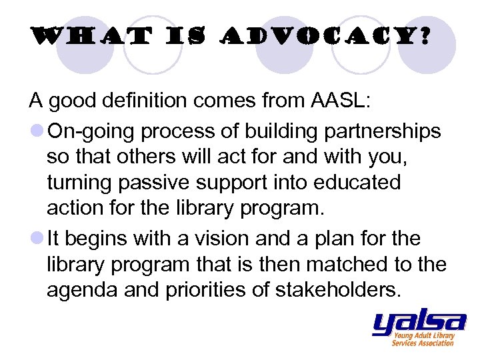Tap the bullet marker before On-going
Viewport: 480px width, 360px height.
point(35,132)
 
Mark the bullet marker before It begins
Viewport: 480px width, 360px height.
point(35,238)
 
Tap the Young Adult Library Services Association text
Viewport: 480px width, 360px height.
point(423,339)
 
